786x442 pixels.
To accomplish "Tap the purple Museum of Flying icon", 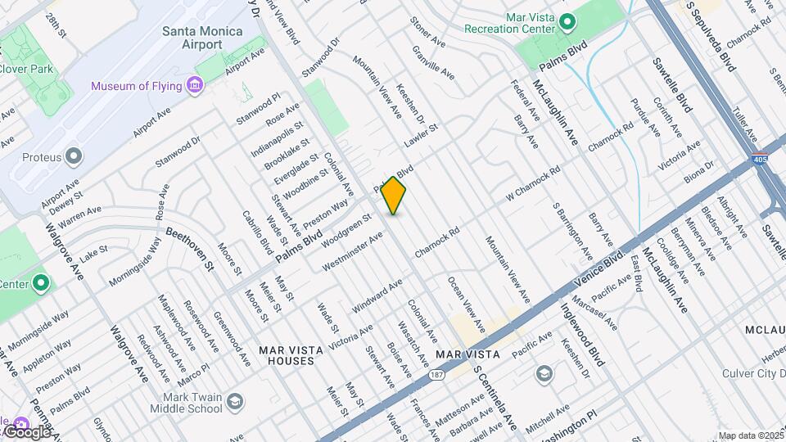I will click(194, 86).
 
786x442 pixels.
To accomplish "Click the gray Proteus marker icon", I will click(74, 156).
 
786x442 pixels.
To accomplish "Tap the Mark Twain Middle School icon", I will click(235, 401).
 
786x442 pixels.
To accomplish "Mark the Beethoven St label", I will click(189, 248).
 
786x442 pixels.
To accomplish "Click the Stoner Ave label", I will click(427, 32).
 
